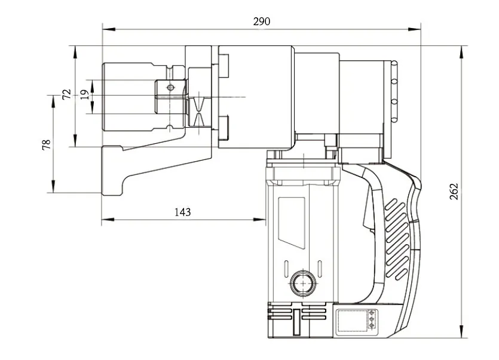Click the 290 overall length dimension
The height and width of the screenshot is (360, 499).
[x=261, y=21]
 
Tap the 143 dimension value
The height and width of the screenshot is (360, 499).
[x=182, y=212]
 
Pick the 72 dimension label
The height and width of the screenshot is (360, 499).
[x=66, y=94]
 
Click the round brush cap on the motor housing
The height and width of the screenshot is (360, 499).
[x=303, y=283]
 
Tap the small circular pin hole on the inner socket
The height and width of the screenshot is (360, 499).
[x=171, y=88]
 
